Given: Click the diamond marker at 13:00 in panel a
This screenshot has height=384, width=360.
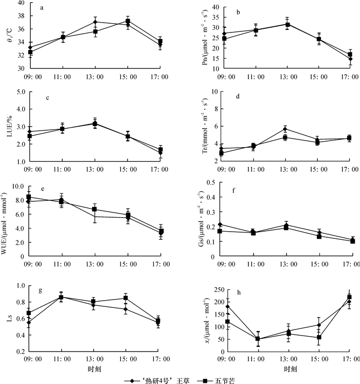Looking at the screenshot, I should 95,22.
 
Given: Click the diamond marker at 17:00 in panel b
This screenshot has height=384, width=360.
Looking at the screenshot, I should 350,59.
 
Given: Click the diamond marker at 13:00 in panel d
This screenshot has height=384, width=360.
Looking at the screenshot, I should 285,129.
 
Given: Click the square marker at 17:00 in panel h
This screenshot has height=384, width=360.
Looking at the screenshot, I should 350,298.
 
